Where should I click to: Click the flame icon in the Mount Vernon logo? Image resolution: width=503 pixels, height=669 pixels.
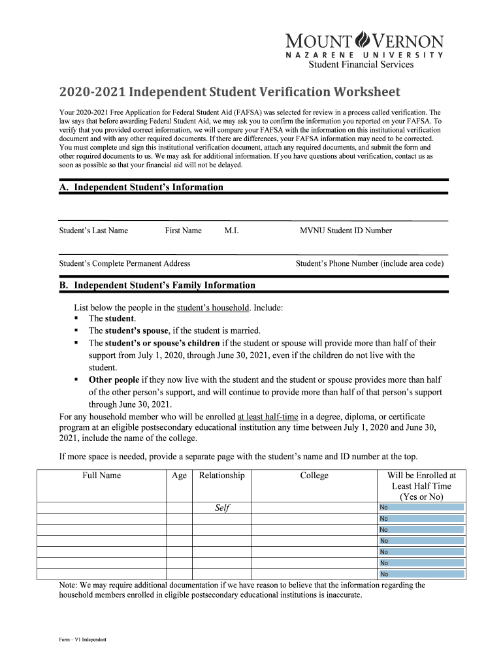click(362, 40)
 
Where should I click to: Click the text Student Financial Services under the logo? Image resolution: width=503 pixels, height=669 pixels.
click(361, 65)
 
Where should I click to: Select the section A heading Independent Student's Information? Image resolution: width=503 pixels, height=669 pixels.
click(141, 188)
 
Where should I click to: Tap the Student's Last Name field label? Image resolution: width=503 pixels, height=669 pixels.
click(93, 231)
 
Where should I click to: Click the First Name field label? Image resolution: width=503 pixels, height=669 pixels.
click(183, 231)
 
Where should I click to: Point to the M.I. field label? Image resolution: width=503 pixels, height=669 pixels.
click(231, 231)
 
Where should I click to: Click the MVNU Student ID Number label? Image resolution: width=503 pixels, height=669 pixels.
click(346, 231)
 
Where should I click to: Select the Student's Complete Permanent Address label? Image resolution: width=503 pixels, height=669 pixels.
click(125, 264)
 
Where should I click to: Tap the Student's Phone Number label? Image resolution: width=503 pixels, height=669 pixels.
click(370, 264)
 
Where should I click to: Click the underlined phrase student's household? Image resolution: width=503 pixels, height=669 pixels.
click(213, 308)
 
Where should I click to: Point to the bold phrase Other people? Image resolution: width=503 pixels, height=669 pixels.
click(114, 380)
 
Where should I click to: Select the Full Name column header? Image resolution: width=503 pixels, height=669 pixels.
click(101, 476)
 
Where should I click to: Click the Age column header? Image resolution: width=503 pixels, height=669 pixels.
click(179, 476)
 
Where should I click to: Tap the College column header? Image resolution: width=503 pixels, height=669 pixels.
click(314, 476)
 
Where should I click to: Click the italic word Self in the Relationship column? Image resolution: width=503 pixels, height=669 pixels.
click(222, 508)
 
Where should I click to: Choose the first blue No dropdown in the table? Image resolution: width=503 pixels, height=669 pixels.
click(421, 508)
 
